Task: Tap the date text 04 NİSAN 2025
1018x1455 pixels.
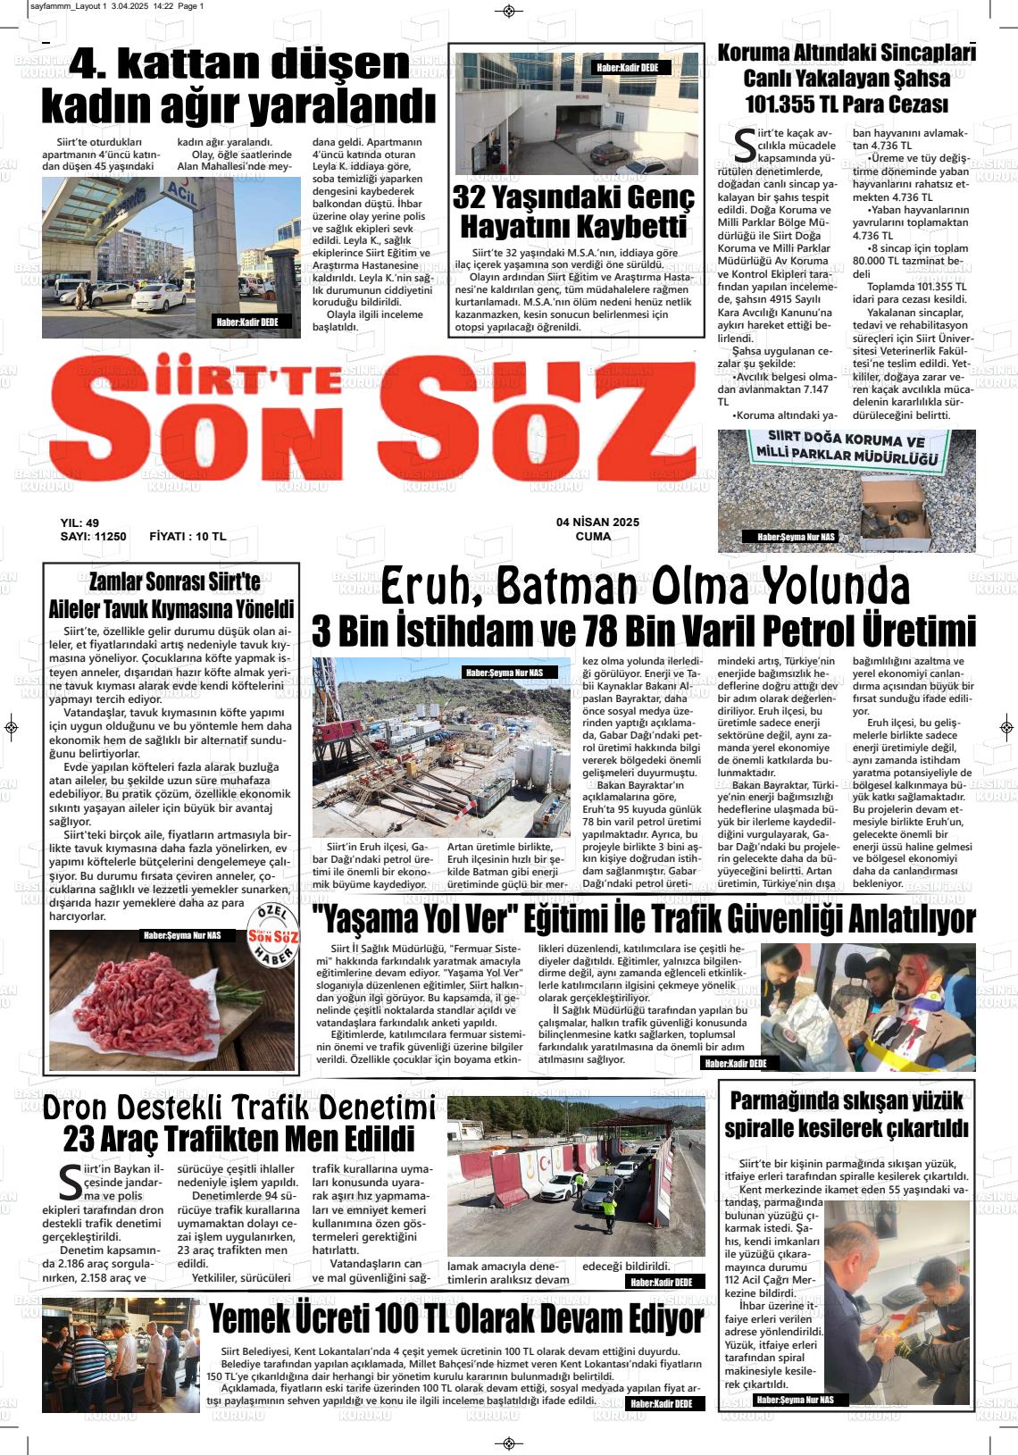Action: [597, 523]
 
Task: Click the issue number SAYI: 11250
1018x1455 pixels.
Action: [93, 537]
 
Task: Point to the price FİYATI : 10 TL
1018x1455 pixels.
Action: [188, 537]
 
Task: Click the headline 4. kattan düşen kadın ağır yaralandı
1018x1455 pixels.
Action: [239, 86]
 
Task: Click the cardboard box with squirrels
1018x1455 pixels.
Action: [893, 512]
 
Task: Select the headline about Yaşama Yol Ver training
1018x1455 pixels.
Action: [643, 919]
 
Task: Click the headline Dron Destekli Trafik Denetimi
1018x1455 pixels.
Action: [239, 1108]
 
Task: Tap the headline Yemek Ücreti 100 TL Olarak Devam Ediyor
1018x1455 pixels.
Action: [455, 1318]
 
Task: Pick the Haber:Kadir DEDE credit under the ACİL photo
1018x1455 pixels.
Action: [247, 322]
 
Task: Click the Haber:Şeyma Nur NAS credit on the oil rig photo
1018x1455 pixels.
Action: [509, 672]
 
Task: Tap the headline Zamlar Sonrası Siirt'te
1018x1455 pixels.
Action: [174, 582]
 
